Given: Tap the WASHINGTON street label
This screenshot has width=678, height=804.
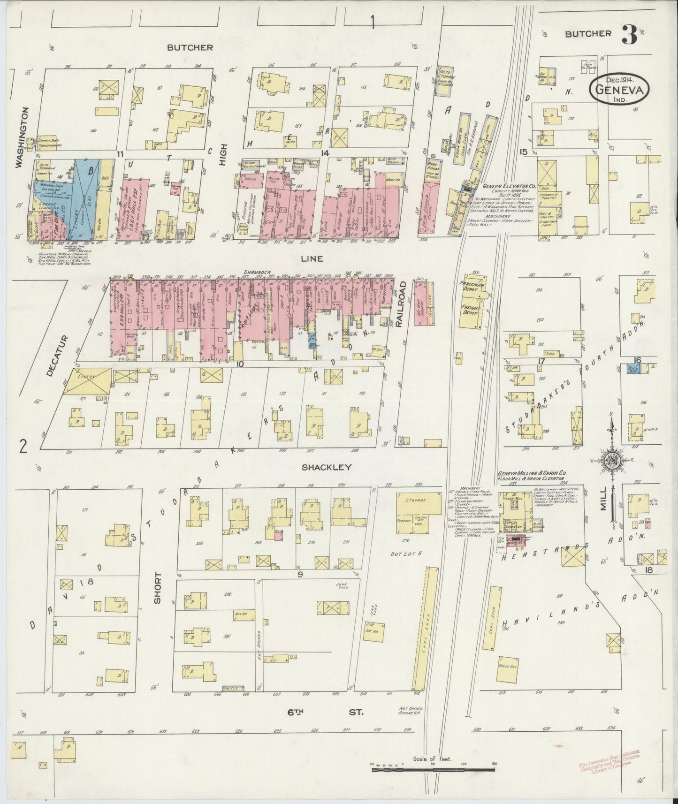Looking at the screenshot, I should coord(19,136).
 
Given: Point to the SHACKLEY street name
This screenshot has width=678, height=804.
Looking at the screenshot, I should coord(327,467).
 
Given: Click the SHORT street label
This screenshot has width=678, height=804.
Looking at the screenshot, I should coord(158,587).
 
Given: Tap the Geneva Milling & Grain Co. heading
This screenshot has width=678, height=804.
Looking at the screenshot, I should coord(533,474).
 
